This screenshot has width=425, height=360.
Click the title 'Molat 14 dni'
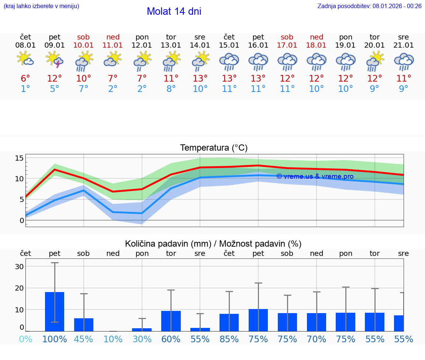pos(174,11)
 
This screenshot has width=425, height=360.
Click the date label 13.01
pos(171,45)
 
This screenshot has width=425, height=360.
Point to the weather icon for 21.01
pos(404,61)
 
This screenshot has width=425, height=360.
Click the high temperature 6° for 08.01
pos(25,78)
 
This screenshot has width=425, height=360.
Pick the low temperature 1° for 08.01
pos(25,89)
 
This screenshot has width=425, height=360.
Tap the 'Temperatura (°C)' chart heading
pos(214,148)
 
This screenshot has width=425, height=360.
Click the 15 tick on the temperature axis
pos(19,158)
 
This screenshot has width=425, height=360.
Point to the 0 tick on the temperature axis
pos(21,220)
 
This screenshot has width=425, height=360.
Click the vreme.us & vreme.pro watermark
pos(315,176)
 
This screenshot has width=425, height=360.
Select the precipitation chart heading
pos(213,244)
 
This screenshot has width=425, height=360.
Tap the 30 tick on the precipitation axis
pos(19,267)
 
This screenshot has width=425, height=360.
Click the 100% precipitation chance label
pos(55,339)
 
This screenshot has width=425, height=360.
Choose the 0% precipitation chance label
pos(25,339)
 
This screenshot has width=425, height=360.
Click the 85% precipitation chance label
pos(229,339)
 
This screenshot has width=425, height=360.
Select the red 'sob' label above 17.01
pos(287,37)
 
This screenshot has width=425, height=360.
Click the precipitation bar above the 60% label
pos(171,321)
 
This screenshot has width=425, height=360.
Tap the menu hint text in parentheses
pos(41,6)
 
